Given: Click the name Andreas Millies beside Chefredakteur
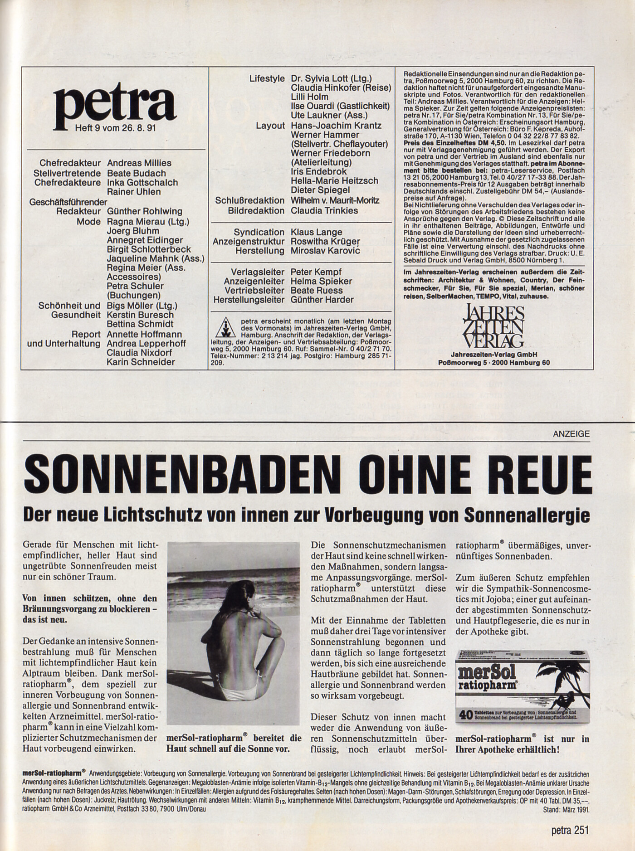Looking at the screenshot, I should tap(139, 163).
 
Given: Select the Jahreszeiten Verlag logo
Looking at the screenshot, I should tap(493, 326).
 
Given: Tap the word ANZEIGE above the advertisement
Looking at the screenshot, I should tap(571, 434).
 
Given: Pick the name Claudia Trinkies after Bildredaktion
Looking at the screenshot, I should tap(324, 210).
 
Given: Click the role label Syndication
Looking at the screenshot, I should tap(259, 232).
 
